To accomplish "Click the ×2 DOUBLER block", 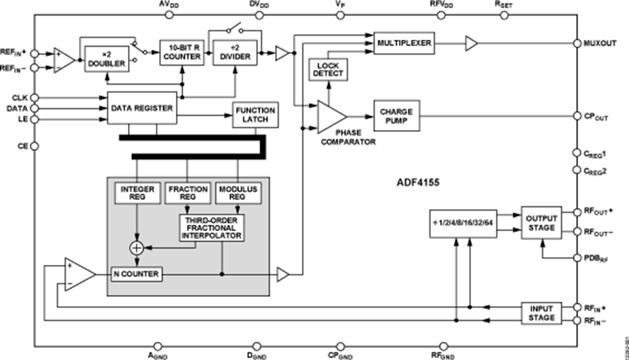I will (x=106, y=57).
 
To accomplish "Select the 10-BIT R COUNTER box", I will (x=181, y=52).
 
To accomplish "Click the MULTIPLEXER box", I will (x=403, y=44).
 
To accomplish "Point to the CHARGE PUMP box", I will (x=396, y=117).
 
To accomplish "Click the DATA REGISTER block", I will (x=140, y=109).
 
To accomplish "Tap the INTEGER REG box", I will (x=137, y=194).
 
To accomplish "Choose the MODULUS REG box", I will (x=238, y=194).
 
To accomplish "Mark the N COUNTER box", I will (x=136, y=275).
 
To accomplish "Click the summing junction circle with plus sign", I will (x=137, y=247).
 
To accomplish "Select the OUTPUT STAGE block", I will (x=541, y=222).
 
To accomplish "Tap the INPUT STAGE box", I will (x=542, y=312).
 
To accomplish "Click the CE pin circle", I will (x=34, y=146).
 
